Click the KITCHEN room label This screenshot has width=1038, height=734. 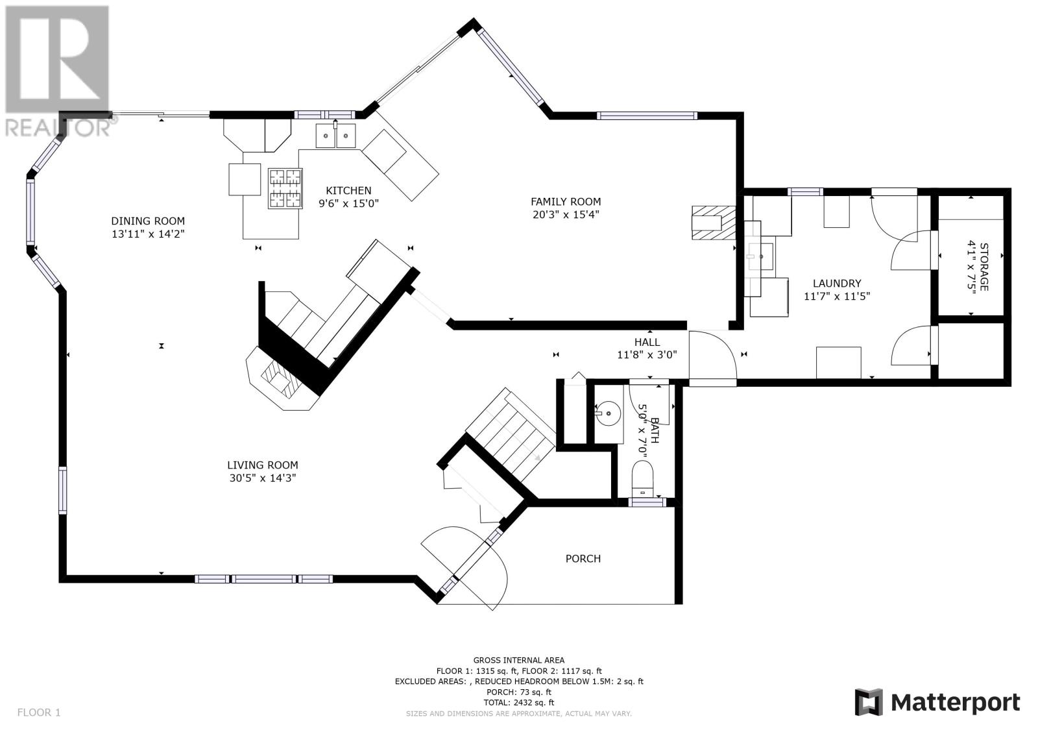(x=348, y=191)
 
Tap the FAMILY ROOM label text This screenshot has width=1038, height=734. (x=565, y=202)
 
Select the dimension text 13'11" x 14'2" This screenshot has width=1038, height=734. (x=148, y=234)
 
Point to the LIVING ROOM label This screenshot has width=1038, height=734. (x=262, y=465)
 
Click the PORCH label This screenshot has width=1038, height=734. (x=583, y=559)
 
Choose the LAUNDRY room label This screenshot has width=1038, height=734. (x=837, y=284)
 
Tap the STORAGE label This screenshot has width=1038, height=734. (x=984, y=267)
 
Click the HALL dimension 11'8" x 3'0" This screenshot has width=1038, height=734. (x=647, y=355)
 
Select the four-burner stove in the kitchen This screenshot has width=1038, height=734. (x=285, y=188)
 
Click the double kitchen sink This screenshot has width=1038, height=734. (x=336, y=136)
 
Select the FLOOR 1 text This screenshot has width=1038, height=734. (x=39, y=713)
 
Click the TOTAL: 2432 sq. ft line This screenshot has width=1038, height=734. (x=519, y=703)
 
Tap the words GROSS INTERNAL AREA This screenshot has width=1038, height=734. (x=519, y=660)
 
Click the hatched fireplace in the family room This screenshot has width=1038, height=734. (x=714, y=223)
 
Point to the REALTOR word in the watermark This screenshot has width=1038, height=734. (x=58, y=128)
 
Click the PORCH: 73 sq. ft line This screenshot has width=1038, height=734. (x=519, y=692)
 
